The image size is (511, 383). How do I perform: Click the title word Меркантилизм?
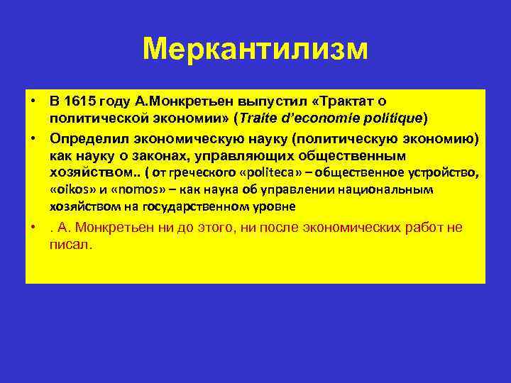(x=255, y=50)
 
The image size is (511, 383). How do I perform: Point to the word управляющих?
(x=233, y=155)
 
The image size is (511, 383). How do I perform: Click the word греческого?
(x=194, y=172)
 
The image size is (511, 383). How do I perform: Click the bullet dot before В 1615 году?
(x=33, y=102)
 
